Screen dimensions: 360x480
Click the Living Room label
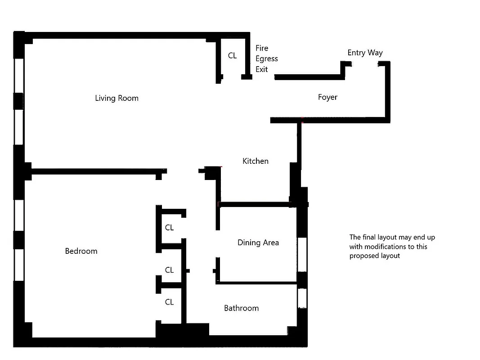(x=117, y=98)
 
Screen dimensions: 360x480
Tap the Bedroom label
(x=81, y=251)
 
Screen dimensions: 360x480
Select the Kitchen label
(x=255, y=161)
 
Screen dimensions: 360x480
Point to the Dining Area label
(x=258, y=243)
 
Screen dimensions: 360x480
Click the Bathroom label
(x=241, y=308)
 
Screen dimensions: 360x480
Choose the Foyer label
(x=327, y=97)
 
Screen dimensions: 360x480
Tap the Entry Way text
(x=365, y=53)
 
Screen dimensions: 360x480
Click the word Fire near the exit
(x=262, y=48)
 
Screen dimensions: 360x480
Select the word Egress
(x=267, y=59)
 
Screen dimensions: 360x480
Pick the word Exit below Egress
(x=262, y=69)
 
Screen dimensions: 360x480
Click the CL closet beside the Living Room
(x=232, y=56)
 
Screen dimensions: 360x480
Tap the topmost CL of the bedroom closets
(x=169, y=228)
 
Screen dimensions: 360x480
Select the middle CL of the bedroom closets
(x=169, y=270)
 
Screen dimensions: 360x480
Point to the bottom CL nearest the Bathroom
(x=169, y=302)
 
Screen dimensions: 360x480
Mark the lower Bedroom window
(x=19, y=265)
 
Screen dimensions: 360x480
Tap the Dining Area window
(x=302, y=254)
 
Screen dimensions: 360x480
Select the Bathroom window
(x=302, y=298)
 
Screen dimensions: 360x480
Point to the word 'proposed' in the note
(x=364, y=256)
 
